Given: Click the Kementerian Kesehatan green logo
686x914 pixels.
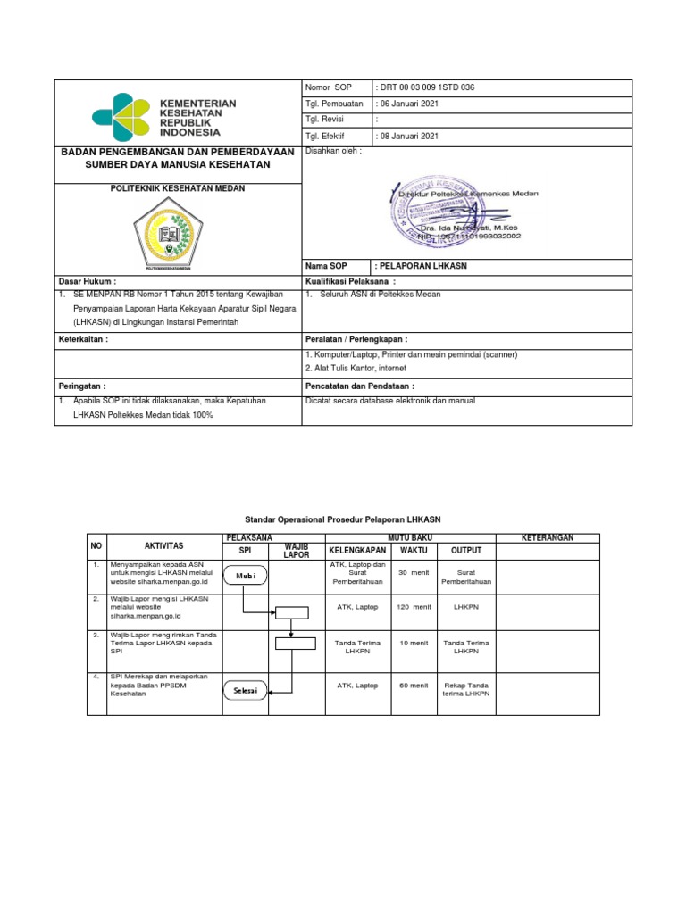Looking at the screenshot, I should (122, 118).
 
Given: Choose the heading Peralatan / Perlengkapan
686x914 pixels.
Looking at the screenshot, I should (356, 340).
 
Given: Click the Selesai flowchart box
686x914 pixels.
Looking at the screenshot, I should (245, 691).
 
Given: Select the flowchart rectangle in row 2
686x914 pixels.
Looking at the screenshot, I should (291, 612).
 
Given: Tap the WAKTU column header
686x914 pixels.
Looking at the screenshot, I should (414, 550).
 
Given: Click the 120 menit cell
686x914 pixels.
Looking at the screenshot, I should (414, 607).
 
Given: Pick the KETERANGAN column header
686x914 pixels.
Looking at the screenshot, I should (547, 537).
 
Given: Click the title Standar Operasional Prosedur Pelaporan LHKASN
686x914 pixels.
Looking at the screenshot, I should (343, 519).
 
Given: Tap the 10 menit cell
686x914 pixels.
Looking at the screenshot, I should (414, 642).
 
